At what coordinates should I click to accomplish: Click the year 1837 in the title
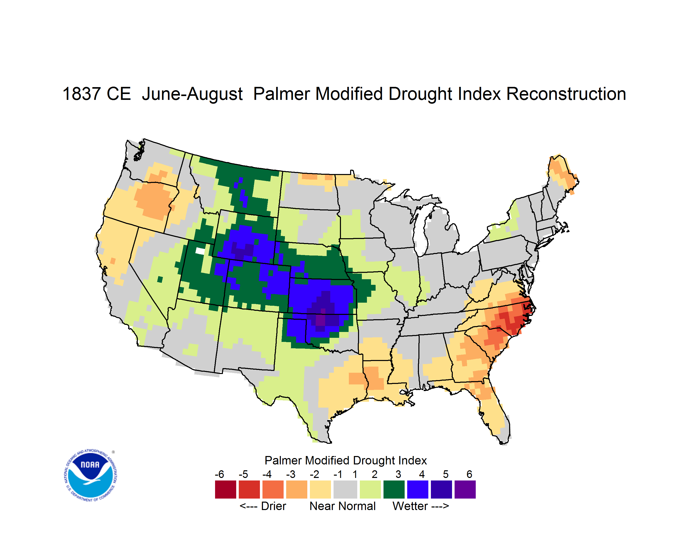pos(82,94)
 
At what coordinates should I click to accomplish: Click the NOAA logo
pos(90,475)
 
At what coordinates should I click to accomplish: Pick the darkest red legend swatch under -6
pos(226,489)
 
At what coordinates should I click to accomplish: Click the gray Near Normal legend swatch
pos(345,489)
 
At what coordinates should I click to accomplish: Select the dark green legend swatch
pos(394,489)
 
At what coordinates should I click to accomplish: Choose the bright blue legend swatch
pos(418,489)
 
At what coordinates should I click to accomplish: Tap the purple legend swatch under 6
pos(465,489)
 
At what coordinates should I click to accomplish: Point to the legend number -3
pos(290,474)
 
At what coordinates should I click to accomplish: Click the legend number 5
pos(446,474)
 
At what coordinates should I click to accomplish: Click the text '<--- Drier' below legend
pos(263,506)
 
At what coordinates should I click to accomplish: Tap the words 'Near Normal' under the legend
pos(342,506)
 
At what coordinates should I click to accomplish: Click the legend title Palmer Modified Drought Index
pos(346,460)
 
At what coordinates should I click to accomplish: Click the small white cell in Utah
pos(200,251)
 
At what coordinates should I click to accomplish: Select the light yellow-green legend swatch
pos(370,489)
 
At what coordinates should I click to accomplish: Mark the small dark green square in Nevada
pos(160,279)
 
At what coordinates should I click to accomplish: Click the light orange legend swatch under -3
pos(296,489)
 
